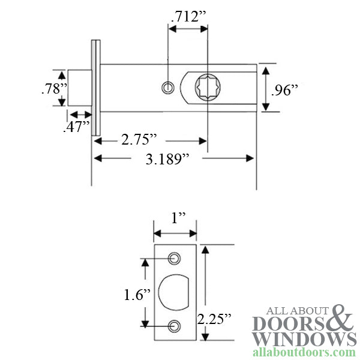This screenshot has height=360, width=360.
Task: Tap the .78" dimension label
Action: [x=54, y=89]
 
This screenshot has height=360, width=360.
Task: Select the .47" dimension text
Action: [x=76, y=127]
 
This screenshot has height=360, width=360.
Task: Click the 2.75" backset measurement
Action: [x=140, y=140]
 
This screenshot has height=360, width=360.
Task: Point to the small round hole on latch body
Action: [x=167, y=88]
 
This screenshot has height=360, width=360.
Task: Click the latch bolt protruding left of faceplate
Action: [x=79, y=88]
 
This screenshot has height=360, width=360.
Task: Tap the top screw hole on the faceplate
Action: [x=175, y=259]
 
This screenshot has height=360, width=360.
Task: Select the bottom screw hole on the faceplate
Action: [x=175, y=325]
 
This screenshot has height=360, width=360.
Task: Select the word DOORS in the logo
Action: [x=291, y=323]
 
